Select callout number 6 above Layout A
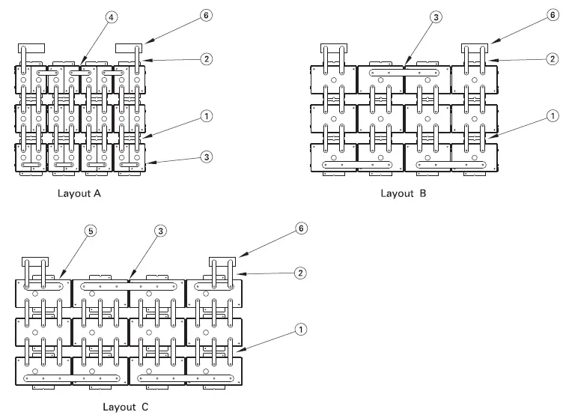tap(207, 13)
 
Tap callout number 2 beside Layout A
tap(207, 58)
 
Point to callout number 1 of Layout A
tap(207, 117)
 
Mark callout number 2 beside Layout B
tap(551, 59)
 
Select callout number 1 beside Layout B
tap(551, 116)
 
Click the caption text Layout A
tap(79, 193)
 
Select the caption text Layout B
tap(403, 193)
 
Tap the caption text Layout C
tap(126, 407)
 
